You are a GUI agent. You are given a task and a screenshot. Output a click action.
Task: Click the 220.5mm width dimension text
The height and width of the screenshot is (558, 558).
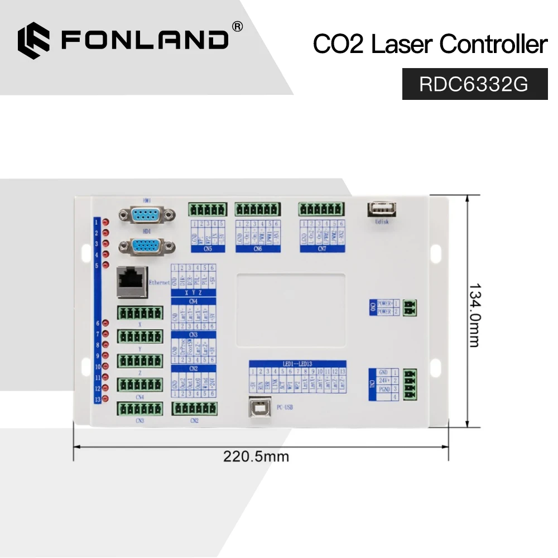click(x=256, y=456)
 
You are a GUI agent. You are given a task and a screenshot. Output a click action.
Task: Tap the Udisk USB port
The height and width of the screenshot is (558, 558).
click(x=382, y=209)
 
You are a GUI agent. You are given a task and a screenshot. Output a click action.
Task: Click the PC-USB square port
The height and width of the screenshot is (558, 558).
click(x=260, y=406)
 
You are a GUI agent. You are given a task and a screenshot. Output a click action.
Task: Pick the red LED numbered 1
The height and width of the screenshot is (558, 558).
click(x=105, y=222)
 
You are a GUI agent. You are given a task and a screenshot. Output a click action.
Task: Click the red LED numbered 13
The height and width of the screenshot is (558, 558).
click(x=105, y=399)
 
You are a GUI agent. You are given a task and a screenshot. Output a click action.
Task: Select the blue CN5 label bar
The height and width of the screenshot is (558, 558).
click(x=208, y=249)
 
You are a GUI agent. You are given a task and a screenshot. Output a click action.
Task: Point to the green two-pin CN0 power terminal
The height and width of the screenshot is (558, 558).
click(x=411, y=307)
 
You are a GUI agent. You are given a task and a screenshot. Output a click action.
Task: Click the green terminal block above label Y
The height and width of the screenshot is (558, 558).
click(x=139, y=336)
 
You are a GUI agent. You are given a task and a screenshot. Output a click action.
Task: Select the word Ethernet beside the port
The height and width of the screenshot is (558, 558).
click(x=160, y=283)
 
